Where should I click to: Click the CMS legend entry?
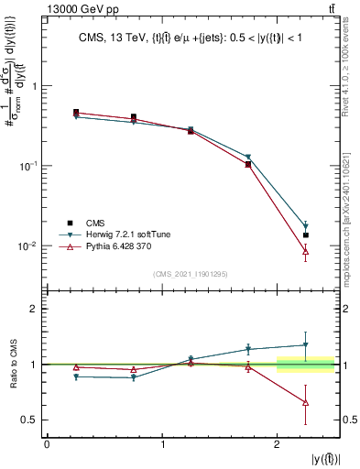93,222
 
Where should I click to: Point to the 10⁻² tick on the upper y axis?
32,245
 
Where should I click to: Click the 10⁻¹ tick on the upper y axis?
32,166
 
